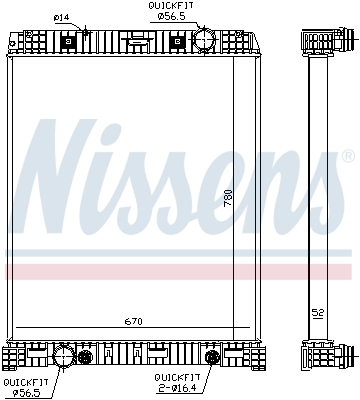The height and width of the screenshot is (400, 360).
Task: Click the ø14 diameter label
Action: click(x=61, y=17)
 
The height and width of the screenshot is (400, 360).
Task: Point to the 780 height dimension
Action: click(x=228, y=198)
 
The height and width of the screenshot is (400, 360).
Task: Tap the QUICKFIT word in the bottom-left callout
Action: click(x=21, y=381)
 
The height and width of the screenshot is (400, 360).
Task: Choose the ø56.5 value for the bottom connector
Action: click(x=22, y=392)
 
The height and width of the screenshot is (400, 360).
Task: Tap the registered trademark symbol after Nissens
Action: click(x=347, y=156)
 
